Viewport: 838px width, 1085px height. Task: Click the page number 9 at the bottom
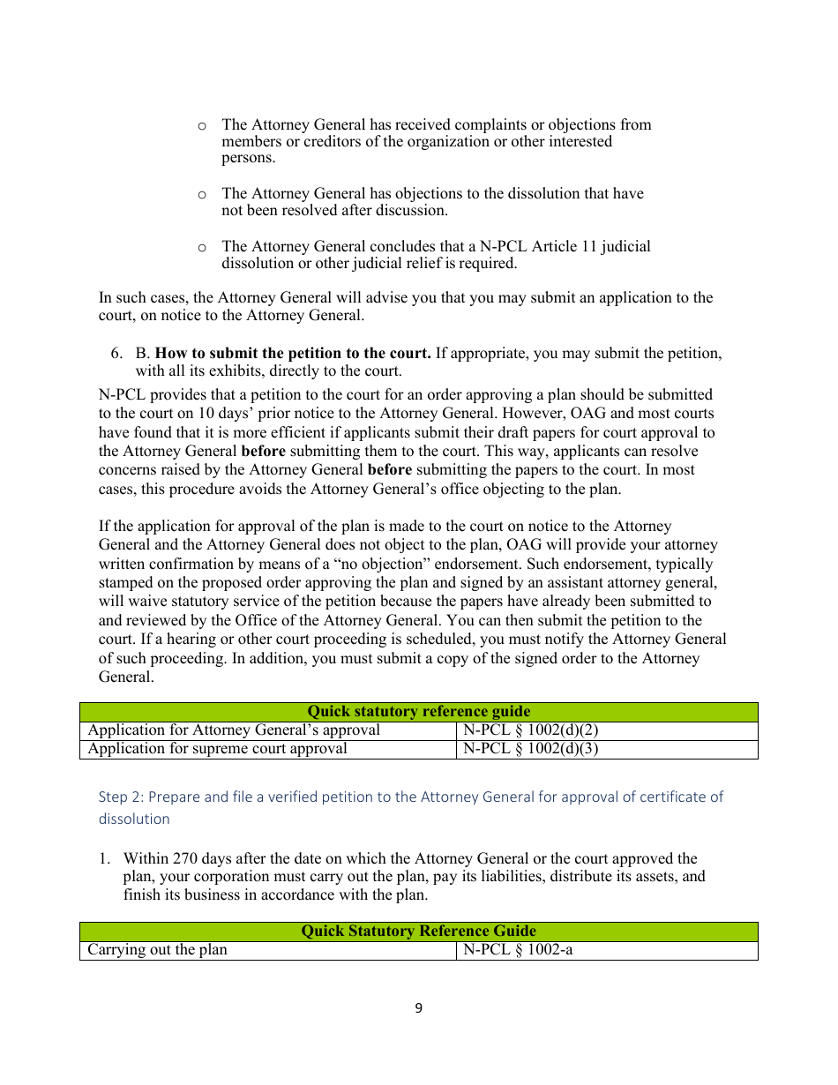(x=418, y=1008)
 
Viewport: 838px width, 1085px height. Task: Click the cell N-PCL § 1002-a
(x=518, y=950)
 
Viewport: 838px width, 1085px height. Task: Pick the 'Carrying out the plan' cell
(x=157, y=950)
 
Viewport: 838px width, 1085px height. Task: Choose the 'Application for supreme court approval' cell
(x=217, y=749)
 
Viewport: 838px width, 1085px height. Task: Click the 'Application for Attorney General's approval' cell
(x=234, y=730)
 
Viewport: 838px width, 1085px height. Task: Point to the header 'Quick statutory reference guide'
(x=418, y=712)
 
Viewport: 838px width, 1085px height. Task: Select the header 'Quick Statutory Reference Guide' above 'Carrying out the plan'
(x=418, y=932)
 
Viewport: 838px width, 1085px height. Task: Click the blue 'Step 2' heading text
(x=410, y=797)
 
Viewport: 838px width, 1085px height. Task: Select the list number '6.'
(x=116, y=354)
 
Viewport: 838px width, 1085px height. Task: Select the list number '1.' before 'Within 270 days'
(x=104, y=859)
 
